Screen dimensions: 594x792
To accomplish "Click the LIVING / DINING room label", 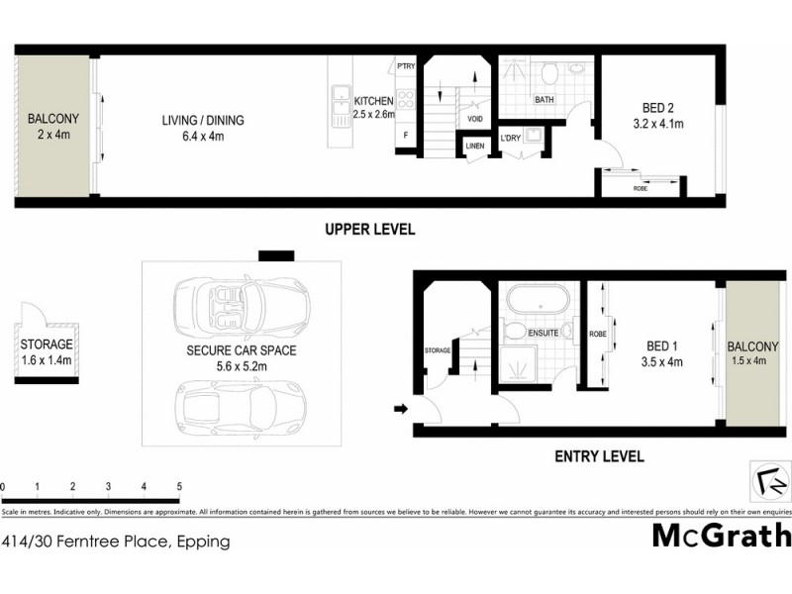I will click(203, 121).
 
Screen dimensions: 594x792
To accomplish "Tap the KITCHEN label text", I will click(374, 101).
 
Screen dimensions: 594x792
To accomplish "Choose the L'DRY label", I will click(510, 137).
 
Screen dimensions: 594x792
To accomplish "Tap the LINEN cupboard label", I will click(474, 148).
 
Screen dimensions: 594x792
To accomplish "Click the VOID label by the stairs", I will click(475, 118).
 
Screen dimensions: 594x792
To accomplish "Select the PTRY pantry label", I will click(406, 66).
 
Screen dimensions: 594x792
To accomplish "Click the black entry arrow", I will click(400, 408).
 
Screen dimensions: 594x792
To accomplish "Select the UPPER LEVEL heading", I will click(370, 230).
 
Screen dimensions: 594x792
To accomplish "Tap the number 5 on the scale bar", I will click(179, 487).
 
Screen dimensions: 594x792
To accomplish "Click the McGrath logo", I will click(722, 536).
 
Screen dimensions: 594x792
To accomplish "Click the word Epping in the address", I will click(205, 542).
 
